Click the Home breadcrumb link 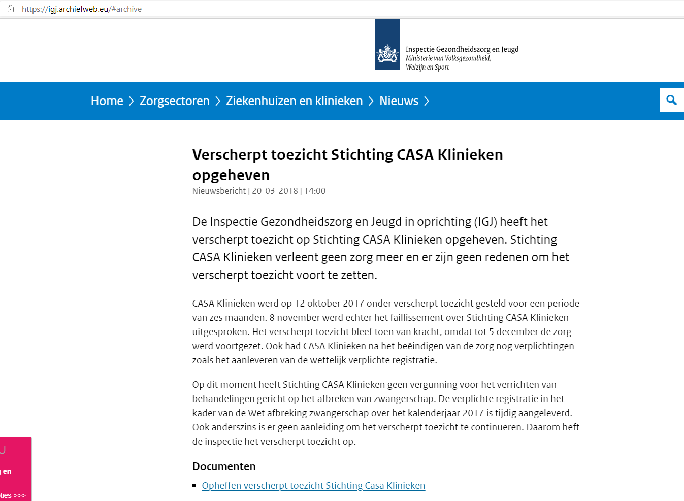point(107,101)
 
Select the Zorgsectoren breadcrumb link point(174,101)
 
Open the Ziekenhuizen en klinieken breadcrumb point(294,101)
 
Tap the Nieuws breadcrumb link point(399,101)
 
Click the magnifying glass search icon point(671,100)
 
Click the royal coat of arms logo point(387,53)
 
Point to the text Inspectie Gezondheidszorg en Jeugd point(462,49)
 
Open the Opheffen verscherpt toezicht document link point(313,486)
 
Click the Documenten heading point(224,466)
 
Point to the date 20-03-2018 point(275,191)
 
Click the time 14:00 point(315,191)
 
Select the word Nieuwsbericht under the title point(219,191)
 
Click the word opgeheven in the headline point(231,175)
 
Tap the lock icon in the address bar point(11,9)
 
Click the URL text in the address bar point(82,9)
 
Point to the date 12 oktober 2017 point(329,304)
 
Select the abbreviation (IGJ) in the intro point(485,222)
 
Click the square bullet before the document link point(194,486)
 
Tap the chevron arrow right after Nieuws point(427,101)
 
